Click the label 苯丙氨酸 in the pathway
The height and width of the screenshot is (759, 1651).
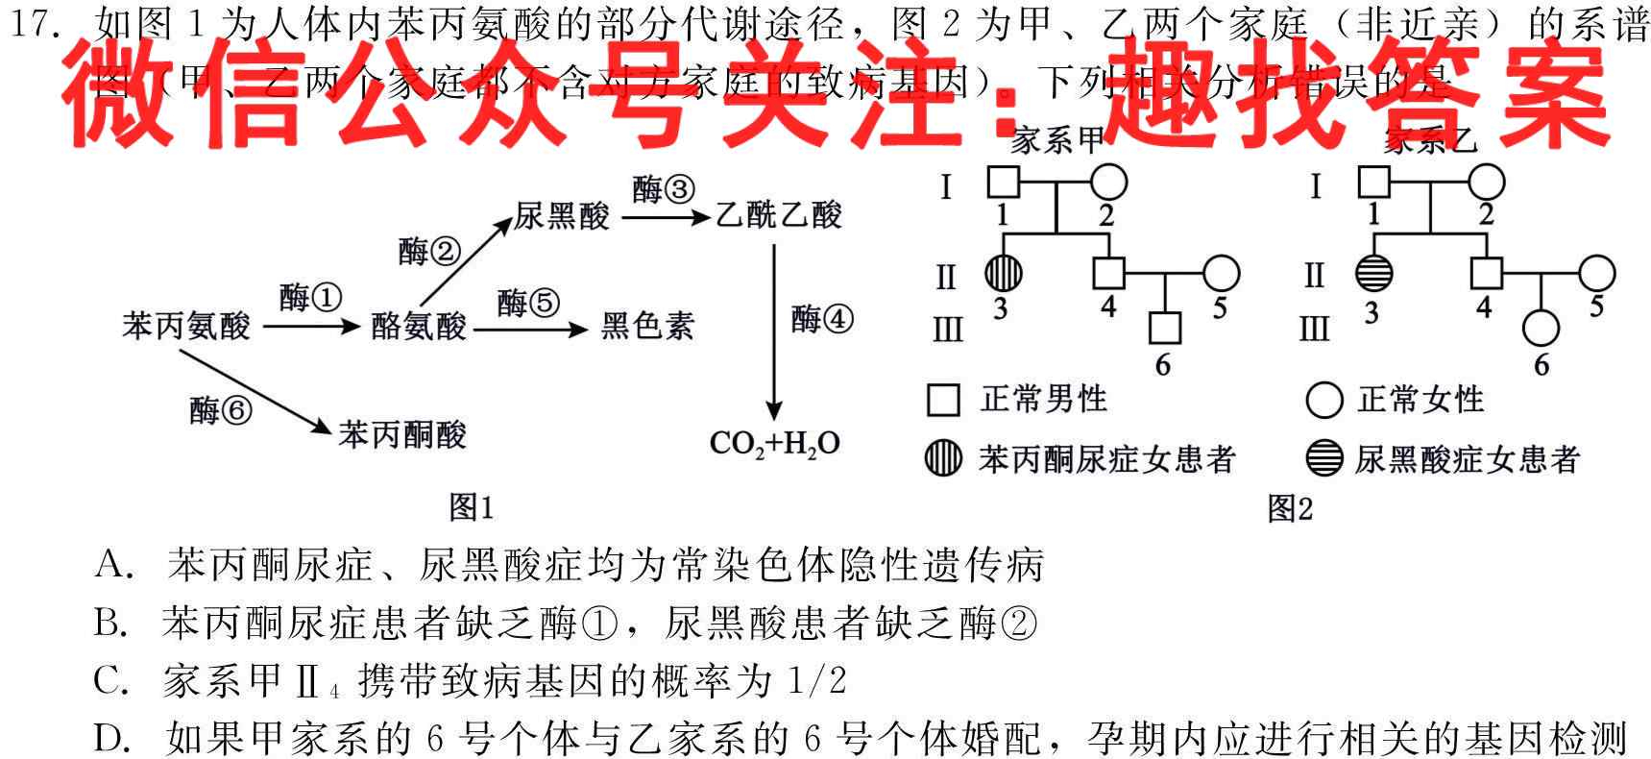pos(185,327)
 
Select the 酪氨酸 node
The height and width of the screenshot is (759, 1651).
pos(419,327)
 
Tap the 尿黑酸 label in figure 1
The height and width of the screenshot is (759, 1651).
pos(562,215)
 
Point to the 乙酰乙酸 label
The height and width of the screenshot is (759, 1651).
pos(778,215)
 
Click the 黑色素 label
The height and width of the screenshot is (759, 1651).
pos(646,327)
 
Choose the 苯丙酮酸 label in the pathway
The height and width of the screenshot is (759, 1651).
pos(402,435)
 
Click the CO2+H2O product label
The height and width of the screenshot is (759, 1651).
pos(774,443)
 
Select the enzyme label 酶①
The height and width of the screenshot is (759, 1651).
pos(310,297)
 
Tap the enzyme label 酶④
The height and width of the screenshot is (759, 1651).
pos(821,318)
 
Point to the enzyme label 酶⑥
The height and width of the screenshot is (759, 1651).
pos(220,410)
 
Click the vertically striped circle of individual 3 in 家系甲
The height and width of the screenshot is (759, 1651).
pos(1002,274)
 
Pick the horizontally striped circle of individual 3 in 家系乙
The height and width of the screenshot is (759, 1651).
pos(1373,274)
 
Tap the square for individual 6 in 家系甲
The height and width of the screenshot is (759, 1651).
pos(1165,329)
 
